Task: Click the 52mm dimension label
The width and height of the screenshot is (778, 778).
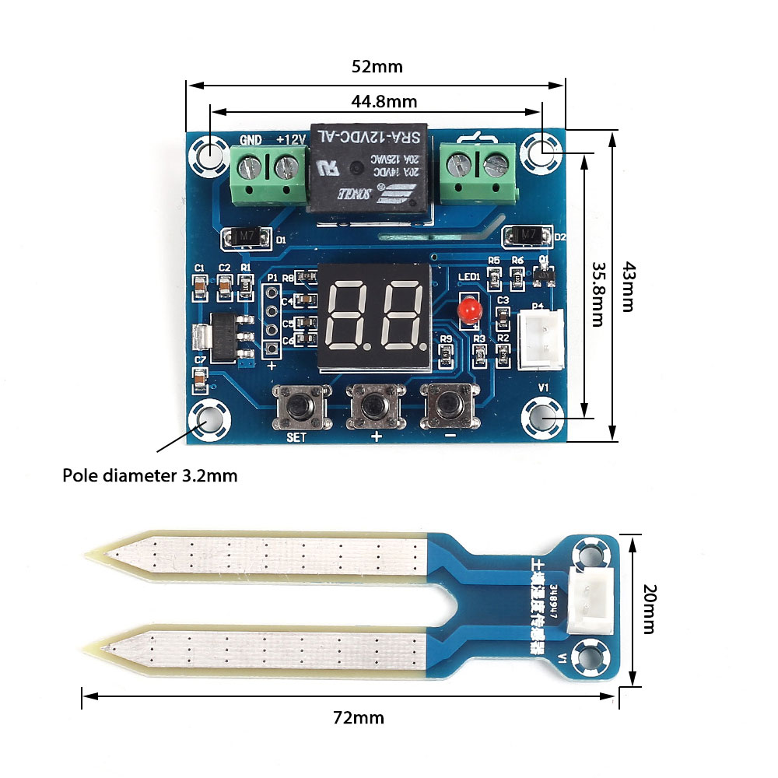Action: tap(377, 67)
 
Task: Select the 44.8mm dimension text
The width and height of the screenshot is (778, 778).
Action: tap(384, 101)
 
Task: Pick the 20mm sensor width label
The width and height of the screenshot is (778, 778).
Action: tap(650, 610)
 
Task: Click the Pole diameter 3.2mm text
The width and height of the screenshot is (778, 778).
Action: tap(150, 475)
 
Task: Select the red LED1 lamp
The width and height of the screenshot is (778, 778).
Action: tap(469, 312)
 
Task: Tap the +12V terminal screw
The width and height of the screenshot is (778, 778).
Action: tap(287, 165)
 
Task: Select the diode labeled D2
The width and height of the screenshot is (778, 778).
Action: tap(528, 234)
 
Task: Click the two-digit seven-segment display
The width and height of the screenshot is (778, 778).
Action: tap(375, 314)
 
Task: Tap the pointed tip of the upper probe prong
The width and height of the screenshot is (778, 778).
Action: tap(86, 555)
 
